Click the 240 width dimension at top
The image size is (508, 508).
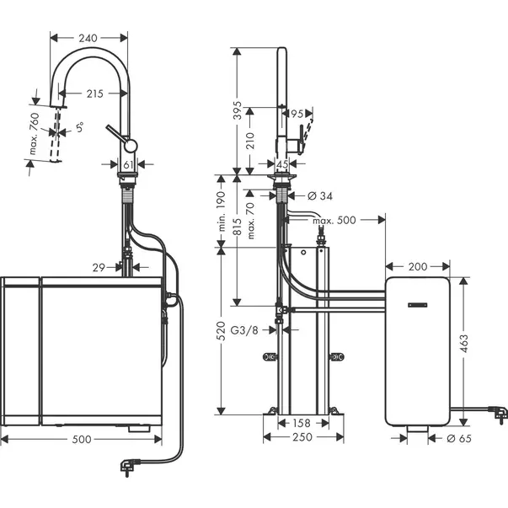click(88, 37)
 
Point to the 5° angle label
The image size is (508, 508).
click(79, 131)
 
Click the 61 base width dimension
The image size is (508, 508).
click(129, 165)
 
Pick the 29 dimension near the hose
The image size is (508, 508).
click(99, 267)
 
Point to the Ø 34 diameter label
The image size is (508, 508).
click(318, 196)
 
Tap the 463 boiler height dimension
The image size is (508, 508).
click(464, 343)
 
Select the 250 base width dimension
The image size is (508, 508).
click(302, 437)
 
